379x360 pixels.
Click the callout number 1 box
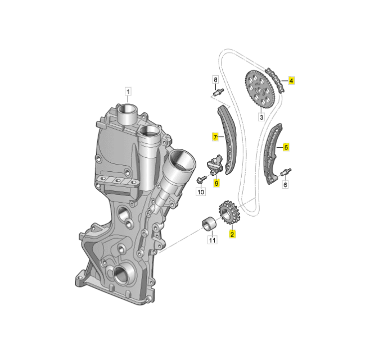pyautogui.click(x=128, y=91)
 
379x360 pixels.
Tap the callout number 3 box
pyautogui.click(x=261, y=117)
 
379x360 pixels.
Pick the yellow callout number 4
pyautogui.click(x=291, y=80)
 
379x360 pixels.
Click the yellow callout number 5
pyautogui.click(x=286, y=147)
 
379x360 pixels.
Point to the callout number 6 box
pyautogui.click(x=285, y=184)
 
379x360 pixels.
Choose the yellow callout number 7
pyautogui.click(x=214, y=136)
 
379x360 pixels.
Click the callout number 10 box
pyautogui.click(x=201, y=192)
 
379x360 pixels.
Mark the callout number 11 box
pyautogui.click(x=212, y=241)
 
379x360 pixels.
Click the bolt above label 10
pyautogui.click(x=200, y=180)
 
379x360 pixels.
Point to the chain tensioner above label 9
pyautogui.click(x=215, y=166)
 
